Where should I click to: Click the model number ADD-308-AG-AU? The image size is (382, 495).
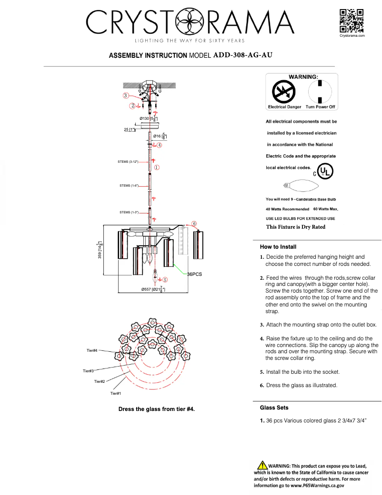(x=243, y=55)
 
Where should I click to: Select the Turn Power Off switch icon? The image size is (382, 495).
(x=320, y=91)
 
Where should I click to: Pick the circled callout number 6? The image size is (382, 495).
(x=194, y=223)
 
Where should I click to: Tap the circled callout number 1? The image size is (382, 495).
(x=156, y=168)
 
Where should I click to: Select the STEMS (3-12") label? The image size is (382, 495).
(x=128, y=162)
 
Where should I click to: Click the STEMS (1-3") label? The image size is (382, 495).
(x=129, y=212)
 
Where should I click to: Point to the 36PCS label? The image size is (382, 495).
(x=194, y=274)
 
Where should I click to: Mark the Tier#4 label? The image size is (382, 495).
(x=92, y=351)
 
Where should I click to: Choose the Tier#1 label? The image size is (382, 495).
(x=116, y=393)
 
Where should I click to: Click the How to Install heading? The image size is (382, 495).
(x=278, y=247)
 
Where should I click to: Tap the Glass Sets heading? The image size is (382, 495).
(x=274, y=408)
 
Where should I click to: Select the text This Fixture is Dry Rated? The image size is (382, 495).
(x=295, y=227)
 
